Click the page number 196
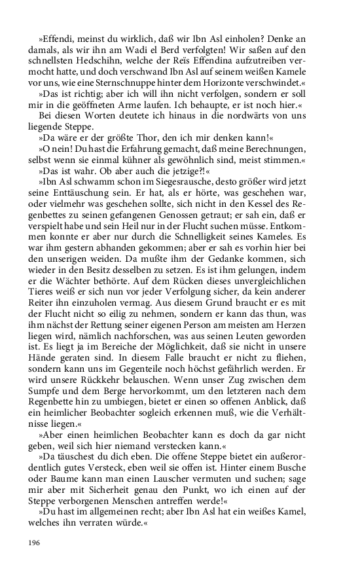(x=35, y=543)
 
